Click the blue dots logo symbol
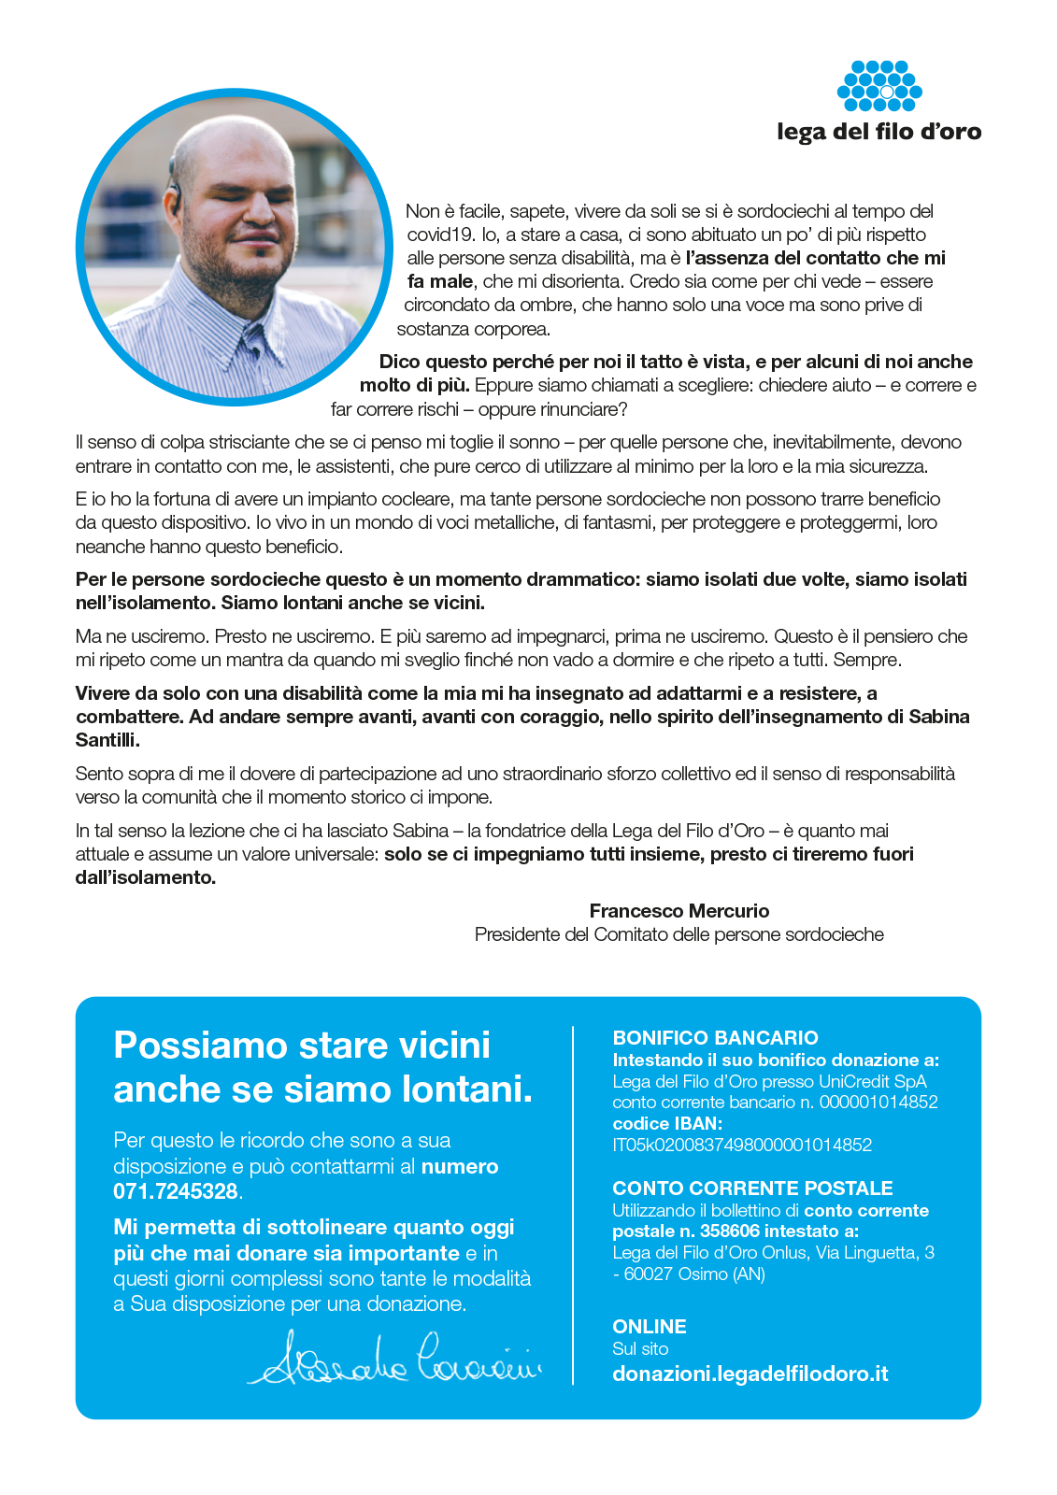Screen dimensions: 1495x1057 (879, 86)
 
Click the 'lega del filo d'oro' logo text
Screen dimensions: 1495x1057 (878, 132)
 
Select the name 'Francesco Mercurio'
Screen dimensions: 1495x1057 (679, 911)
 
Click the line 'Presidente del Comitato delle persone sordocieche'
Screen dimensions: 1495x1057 (679, 934)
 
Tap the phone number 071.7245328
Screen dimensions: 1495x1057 (176, 1191)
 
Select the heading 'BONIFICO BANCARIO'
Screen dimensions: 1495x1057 (715, 1037)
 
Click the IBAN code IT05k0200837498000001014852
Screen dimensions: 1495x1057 (742, 1145)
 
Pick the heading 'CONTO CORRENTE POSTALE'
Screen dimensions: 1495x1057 (752, 1188)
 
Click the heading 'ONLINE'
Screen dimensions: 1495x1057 (650, 1327)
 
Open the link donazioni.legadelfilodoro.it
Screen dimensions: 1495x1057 (750, 1374)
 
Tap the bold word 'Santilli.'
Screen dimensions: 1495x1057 (107, 740)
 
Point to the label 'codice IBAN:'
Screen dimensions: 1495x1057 (667, 1123)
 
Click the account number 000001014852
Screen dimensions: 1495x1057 (878, 1103)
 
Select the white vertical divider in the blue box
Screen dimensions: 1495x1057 (573, 1205)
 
